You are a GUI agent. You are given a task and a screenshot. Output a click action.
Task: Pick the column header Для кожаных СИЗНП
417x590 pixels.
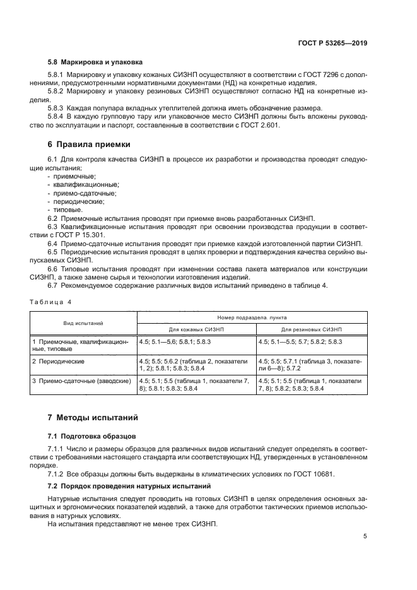(x=196, y=329)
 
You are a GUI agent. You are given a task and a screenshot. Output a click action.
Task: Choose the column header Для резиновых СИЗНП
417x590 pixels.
(x=312, y=329)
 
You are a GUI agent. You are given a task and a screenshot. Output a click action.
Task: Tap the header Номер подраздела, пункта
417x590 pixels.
(x=253, y=317)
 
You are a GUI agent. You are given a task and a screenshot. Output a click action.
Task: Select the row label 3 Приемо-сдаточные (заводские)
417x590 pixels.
(x=81, y=381)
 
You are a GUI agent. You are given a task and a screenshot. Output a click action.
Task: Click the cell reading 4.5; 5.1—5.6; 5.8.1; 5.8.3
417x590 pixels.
(x=175, y=341)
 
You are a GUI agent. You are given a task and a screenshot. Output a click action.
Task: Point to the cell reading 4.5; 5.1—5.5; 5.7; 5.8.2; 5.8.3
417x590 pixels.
(x=300, y=341)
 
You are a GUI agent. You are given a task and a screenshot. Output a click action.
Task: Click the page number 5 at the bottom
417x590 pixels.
(x=365, y=536)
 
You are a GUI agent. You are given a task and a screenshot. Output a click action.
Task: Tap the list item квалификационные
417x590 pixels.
(x=81, y=185)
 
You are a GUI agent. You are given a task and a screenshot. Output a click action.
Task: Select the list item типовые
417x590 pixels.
(x=68, y=209)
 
